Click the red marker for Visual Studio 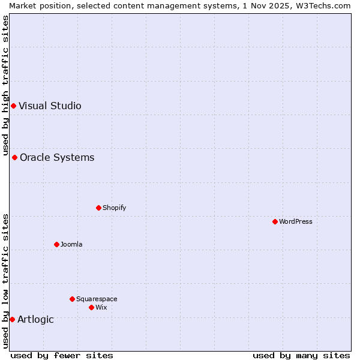click(x=13, y=106)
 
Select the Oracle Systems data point click(x=14, y=158)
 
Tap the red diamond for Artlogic click(x=12, y=319)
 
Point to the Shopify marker click(x=98, y=208)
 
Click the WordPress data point click(x=275, y=221)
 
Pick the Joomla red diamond click(x=56, y=244)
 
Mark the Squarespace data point click(x=72, y=299)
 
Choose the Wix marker click(x=91, y=307)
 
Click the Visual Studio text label click(x=50, y=106)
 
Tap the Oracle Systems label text click(x=57, y=158)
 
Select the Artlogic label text click(x=35, y=319)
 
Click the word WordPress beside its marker click(x=296, y=221)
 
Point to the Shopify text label click(x=115, y=208)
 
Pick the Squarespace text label click(x=97, y=299)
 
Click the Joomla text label click(x=71, y=244)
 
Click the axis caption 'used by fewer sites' click(x=62, y=355)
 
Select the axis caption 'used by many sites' click(x=301, y=355)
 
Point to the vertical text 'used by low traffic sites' click(x=5, y=281)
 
